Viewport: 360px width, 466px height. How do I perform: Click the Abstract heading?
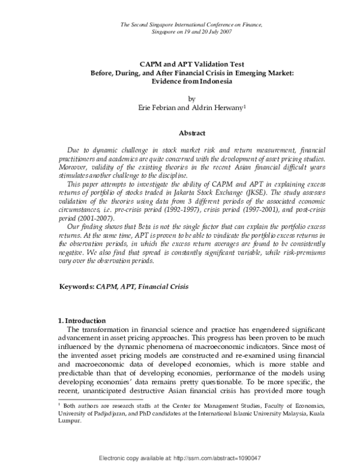click(x=191, y=133)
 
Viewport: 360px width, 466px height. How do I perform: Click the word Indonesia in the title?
click(x=212, y=80)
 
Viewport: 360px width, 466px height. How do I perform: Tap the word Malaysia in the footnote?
click(x=285, y=416)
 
